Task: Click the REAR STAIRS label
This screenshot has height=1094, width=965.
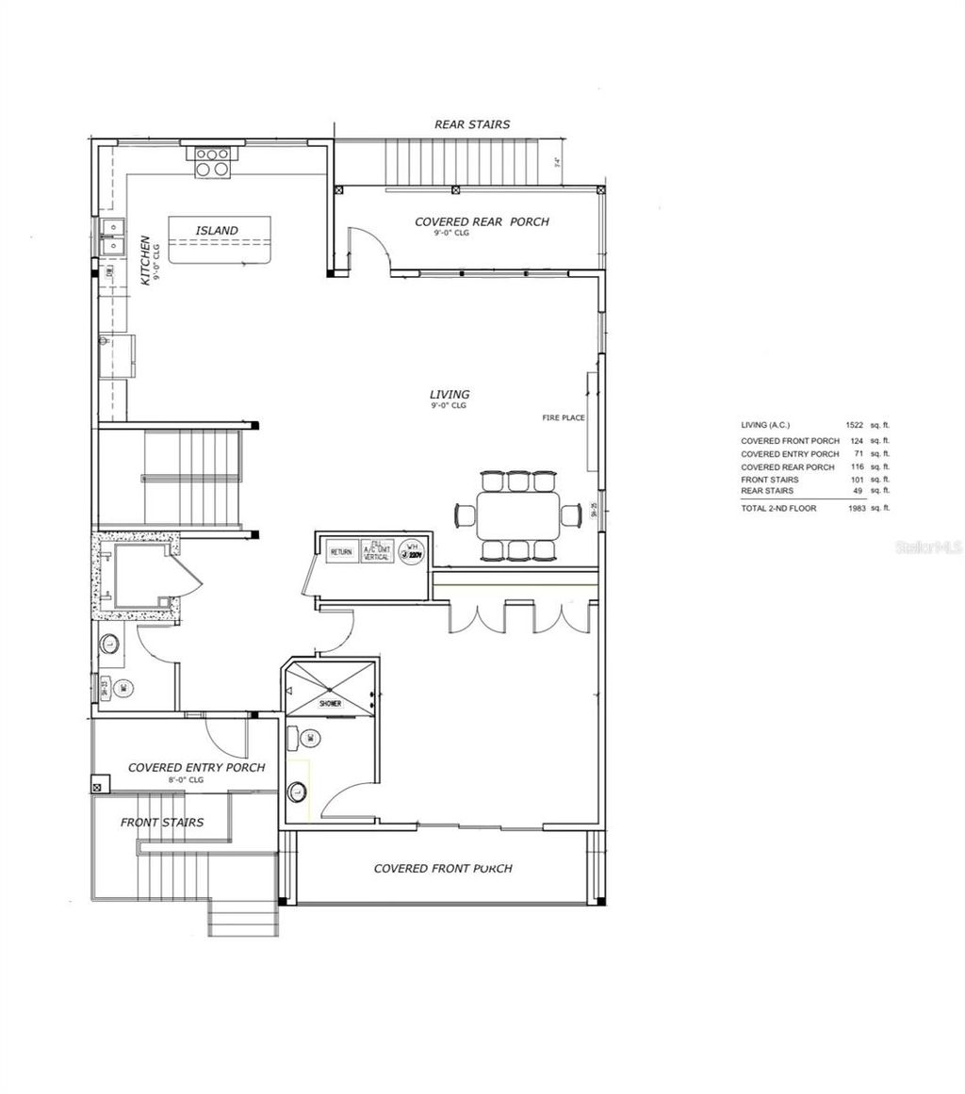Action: pos(471,124)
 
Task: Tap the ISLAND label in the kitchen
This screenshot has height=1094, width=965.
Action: pos(217,231)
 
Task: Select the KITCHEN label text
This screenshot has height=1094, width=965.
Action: pos(145,261)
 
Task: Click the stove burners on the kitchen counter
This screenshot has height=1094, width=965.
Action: pos(213,162)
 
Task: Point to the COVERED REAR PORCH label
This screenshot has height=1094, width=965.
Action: pos(482,222)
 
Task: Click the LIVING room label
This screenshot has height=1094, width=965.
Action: pos(450,395)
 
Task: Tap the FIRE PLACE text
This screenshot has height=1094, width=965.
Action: pos(564,417)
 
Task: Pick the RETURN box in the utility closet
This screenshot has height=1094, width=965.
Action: pos(341,552)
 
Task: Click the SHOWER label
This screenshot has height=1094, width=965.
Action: pos(329,704)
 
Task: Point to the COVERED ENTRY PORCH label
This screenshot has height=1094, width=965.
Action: pos(196,768)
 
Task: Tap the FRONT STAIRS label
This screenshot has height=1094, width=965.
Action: pos(161,823)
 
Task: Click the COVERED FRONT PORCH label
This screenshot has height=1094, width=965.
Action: pos(443,869)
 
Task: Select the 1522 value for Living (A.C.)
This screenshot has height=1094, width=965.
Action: pos(855,426)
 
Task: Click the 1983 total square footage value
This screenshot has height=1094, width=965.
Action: pos(855,508)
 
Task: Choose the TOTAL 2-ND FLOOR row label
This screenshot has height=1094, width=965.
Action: pos(778,508)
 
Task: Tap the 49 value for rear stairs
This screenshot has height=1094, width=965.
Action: pos(859,491)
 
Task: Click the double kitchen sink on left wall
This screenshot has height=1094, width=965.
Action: pos(112,236)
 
